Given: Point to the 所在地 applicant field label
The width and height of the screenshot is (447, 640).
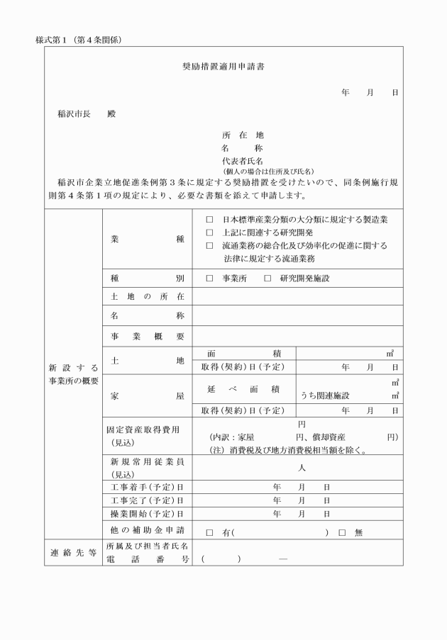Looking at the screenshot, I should click(243, 135).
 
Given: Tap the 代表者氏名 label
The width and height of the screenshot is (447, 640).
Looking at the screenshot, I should click(243, 161).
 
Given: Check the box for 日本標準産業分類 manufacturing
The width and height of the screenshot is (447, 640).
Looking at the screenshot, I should click(209, 220).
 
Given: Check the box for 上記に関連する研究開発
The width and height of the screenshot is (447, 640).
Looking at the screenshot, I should click(209, 232).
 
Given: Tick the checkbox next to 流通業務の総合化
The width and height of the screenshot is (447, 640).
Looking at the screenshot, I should click(209, 245).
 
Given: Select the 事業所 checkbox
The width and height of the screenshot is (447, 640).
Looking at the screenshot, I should click(209, 279).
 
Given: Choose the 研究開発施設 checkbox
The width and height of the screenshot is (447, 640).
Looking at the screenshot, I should click(267, 279).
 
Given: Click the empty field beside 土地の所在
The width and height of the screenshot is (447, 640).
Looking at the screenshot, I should click(297, 296).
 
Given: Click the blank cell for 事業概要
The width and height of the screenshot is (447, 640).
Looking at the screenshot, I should click(297, 335).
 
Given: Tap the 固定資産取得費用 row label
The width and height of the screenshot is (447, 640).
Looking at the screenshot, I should click(141, 429).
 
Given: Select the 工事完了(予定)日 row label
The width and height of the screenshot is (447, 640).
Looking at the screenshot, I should click(143, 500).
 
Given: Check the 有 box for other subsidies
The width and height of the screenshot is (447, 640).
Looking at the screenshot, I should click(209, 532).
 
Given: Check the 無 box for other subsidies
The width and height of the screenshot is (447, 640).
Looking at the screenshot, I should click(341, 532).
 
